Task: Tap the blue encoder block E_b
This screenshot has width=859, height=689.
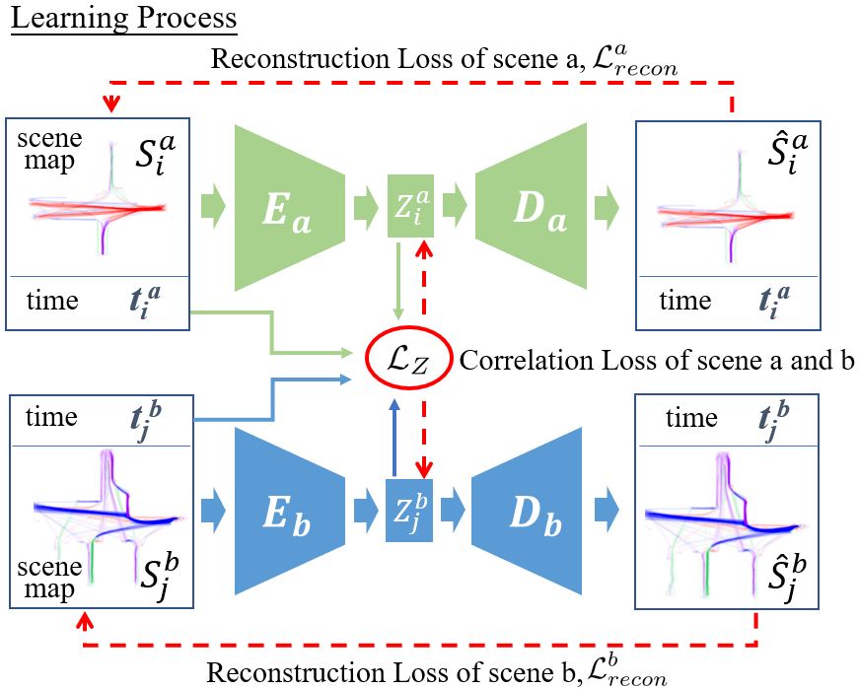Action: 288,513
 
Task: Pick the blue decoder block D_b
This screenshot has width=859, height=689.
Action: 532,513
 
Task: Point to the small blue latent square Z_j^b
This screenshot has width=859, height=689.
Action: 407,513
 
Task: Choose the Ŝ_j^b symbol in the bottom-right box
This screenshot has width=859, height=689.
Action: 773,576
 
